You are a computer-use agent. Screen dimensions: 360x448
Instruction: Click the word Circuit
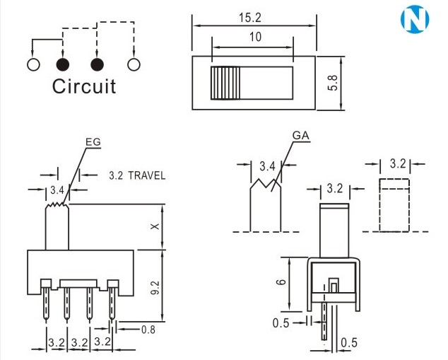tap(84, 87)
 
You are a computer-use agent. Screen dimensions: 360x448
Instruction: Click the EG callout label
tap(93, 141)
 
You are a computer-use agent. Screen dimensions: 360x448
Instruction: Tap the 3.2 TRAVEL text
tap(137, 174)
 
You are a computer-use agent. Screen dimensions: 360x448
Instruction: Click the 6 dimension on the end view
tap(281, 281)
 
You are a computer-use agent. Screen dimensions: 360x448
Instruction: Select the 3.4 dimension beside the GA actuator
tap(267, 168)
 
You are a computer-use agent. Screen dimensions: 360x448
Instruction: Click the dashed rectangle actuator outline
tap(394, 205)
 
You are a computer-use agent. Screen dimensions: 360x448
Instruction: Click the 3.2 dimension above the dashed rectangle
tap(399, 163)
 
